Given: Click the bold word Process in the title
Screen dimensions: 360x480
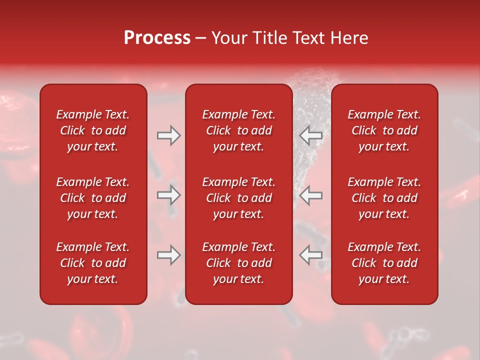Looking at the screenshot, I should point(157,38).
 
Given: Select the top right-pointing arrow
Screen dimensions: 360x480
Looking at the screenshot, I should point(168,135).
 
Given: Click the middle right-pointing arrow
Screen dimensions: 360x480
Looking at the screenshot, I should point(168,195).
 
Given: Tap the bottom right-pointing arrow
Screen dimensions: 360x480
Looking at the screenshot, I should point(168,255).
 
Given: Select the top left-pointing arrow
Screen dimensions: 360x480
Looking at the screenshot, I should point(311,135).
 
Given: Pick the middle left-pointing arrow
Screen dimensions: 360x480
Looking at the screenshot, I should point(311,195).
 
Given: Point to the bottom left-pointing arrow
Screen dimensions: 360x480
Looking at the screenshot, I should point(311,255).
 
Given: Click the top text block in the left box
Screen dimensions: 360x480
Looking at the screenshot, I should point(93,130).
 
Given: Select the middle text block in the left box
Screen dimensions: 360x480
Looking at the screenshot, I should point(93,198).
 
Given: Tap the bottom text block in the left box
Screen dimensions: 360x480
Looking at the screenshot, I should point(93,263).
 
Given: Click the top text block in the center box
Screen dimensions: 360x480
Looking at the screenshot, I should point(239,130).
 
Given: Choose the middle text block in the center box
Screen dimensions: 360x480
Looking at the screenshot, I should point(239,198).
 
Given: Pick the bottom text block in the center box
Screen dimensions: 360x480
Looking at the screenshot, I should point(239,263).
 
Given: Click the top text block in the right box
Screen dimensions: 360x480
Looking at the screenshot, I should point(384,130).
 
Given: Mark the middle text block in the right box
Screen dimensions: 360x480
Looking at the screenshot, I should point(384,198).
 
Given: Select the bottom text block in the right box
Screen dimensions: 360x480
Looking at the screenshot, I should point(384,263).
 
